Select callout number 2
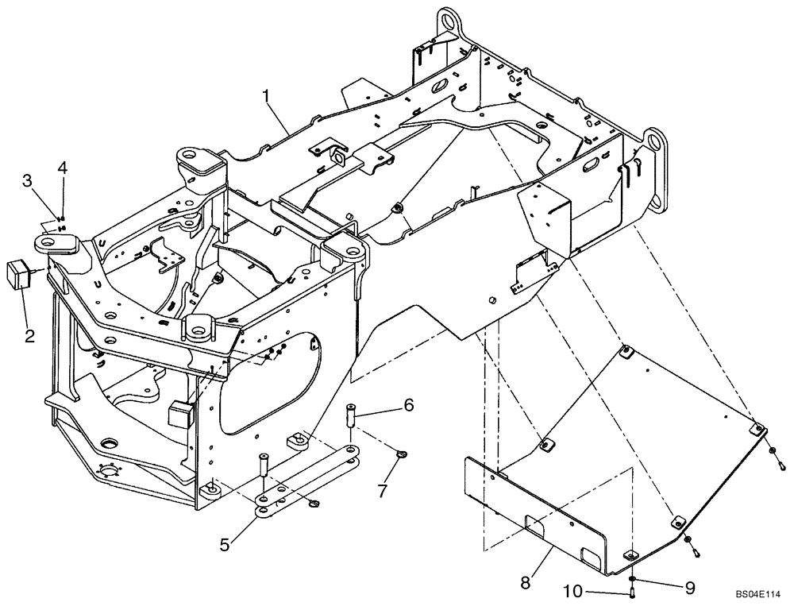[x=29, y=336]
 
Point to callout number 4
[x=61, y=168]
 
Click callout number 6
[x=408, y=405]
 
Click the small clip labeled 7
[x=401, y=454]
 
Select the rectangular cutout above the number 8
[x=534, y=525]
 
